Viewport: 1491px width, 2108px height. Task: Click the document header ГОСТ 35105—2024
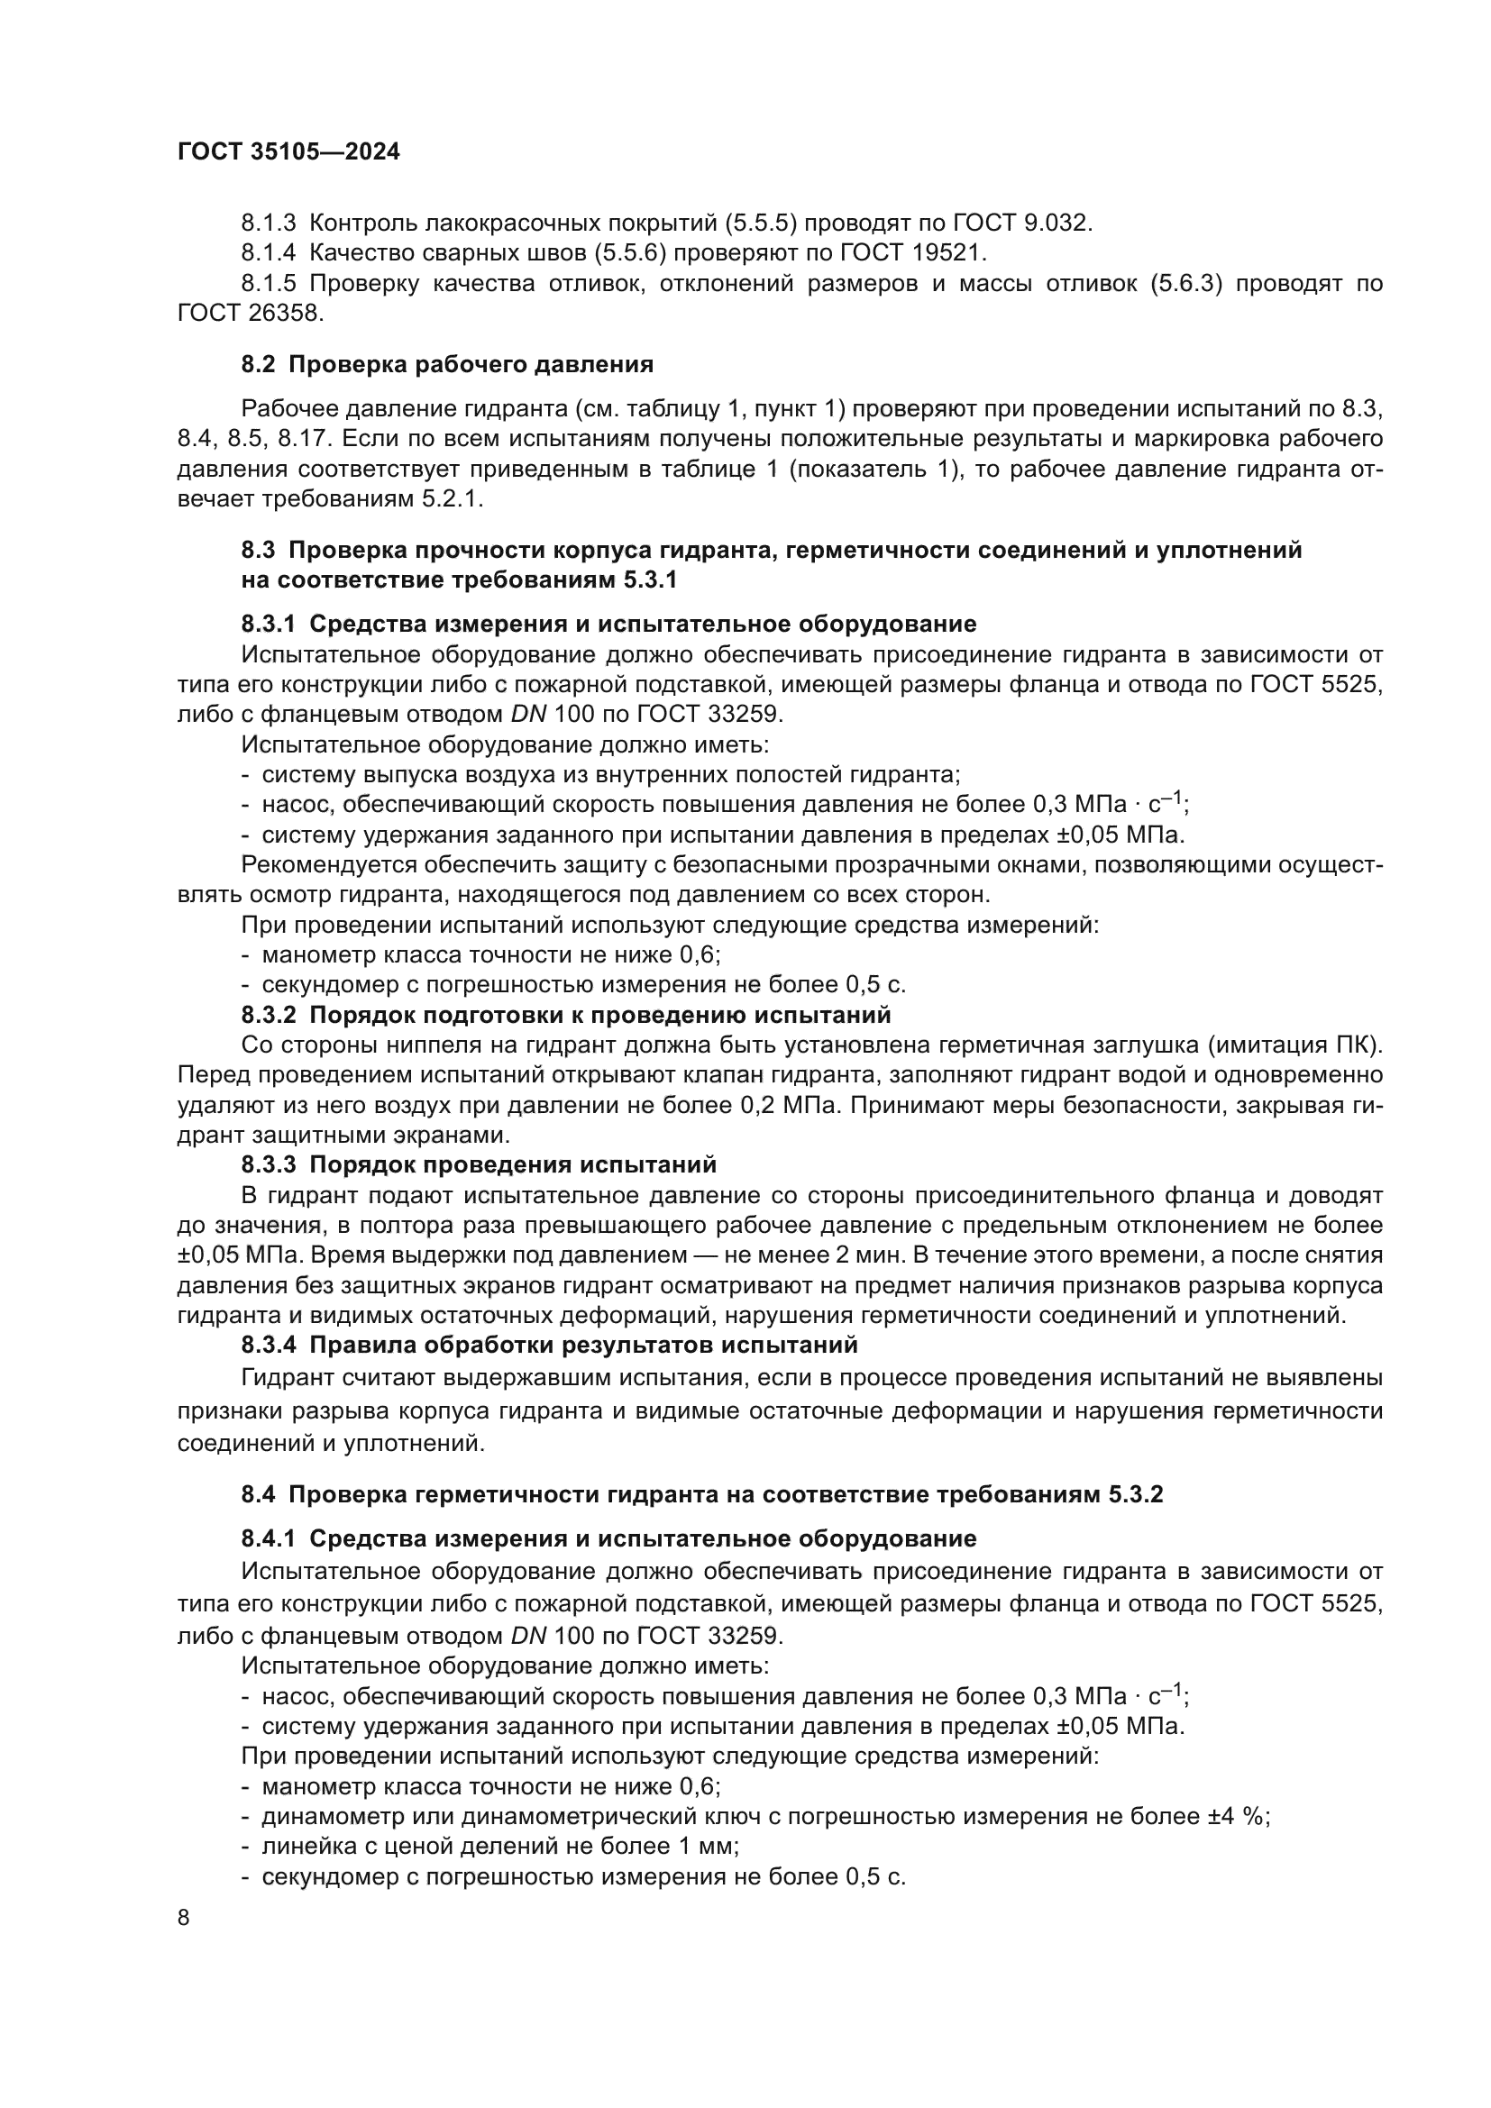click(x=288, y=152)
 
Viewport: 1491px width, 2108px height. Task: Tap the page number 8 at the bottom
click(x=184, y=1918)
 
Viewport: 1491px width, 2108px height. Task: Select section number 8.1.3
click(x=268, y=224)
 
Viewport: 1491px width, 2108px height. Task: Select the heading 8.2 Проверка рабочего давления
click(x=447, y=364)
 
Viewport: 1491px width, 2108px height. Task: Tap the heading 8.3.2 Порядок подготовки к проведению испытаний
click(x=565, y=1016)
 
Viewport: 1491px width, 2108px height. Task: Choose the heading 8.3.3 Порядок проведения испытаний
click(x=479, y=1165)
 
